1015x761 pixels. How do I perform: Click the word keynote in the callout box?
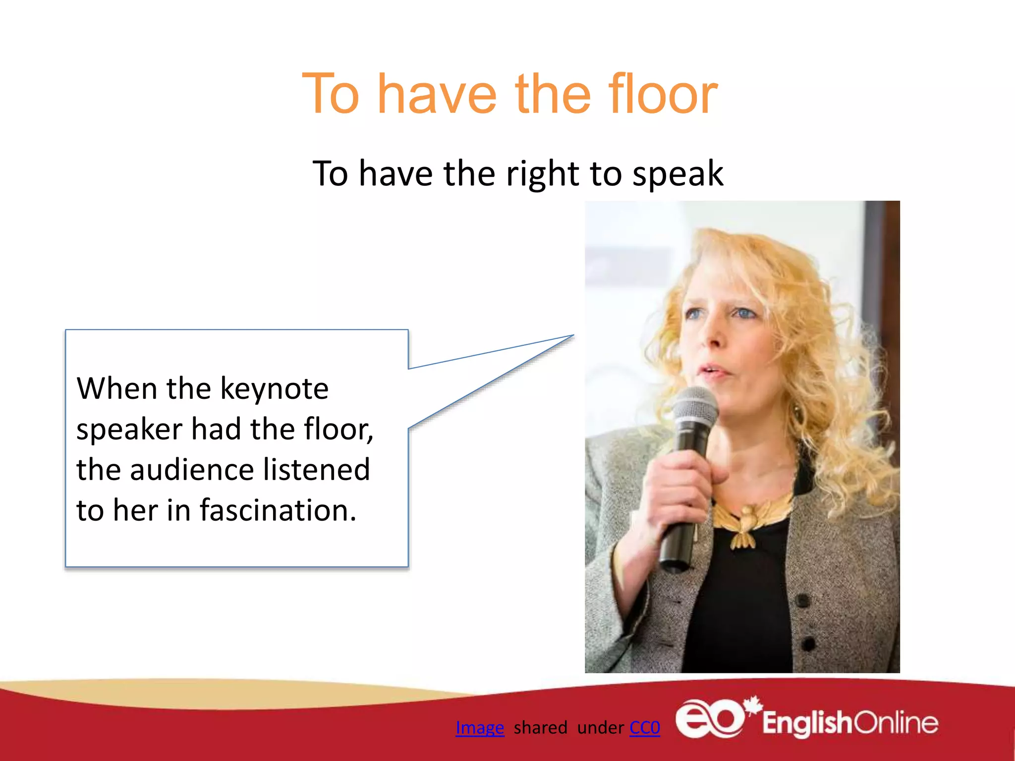[274, 388]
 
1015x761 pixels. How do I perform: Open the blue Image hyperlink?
[479, 727]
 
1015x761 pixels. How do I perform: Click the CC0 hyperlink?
[644, 727]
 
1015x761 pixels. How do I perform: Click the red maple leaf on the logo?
[754, 705]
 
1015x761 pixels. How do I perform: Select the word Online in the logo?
[896, 723]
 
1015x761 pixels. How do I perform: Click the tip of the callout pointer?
[573, 335]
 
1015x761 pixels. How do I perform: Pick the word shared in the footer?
[540, 727]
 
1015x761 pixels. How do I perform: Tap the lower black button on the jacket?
[808, 644]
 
